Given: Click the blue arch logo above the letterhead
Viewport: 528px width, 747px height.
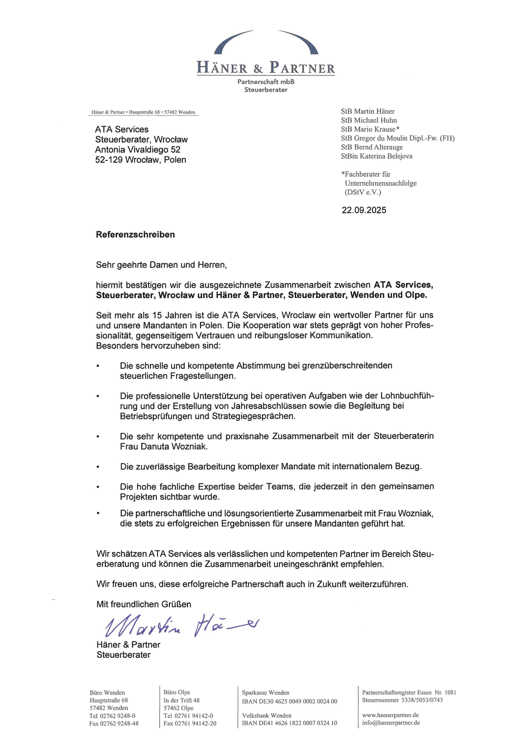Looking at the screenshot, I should (x=266, y=42).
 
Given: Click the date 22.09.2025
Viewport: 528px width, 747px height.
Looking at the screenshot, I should (x=364, y=210).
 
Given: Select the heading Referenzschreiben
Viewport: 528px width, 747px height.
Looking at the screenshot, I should (x=135, y=235).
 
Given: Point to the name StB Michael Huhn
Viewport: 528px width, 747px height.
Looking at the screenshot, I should (x=369, y=121).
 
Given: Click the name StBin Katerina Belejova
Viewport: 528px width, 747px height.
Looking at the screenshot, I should (x=376, y=156).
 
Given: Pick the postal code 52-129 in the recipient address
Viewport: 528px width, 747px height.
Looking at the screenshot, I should (x=109, y=160).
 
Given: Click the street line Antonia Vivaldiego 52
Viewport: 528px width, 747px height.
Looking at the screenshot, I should (x=138, y=150).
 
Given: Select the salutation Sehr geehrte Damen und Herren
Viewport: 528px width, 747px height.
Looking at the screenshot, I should (x=161, y=265).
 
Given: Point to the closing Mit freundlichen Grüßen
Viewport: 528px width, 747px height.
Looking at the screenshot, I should (x=144, y=604).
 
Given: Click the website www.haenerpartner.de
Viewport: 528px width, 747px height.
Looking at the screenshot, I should (x=390, y=715).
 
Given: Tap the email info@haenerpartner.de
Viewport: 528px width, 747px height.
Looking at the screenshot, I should (x=391, y=722).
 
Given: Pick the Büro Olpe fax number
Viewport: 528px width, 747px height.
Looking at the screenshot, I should (x=195, y=723).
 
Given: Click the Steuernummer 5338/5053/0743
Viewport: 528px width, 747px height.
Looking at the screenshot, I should (x=422, y=700).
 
